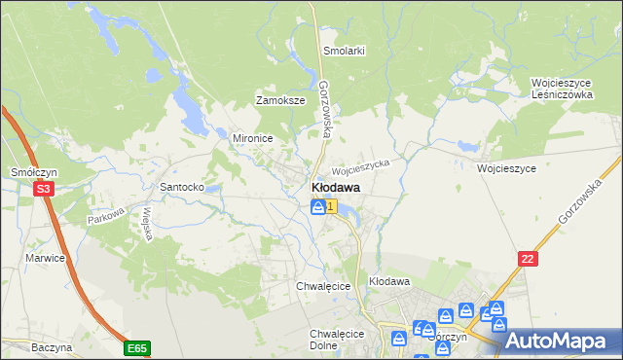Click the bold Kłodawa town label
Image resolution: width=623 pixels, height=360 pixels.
[x=336, y=187]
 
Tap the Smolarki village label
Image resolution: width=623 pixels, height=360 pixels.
[x=344, y=51]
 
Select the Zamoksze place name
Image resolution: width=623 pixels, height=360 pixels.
[x=280, y=100]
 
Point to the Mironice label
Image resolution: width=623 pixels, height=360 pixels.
[x=251, y=138]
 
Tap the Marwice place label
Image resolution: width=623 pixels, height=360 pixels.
[x=46, y=258]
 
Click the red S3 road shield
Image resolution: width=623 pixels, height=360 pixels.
[x=43, y=190]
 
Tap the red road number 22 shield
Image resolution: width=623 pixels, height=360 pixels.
[x=528, y=257]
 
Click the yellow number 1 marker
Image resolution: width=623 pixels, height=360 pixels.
[x=332, y=205]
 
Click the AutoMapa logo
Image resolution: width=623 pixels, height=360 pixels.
[x=558, y=341]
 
